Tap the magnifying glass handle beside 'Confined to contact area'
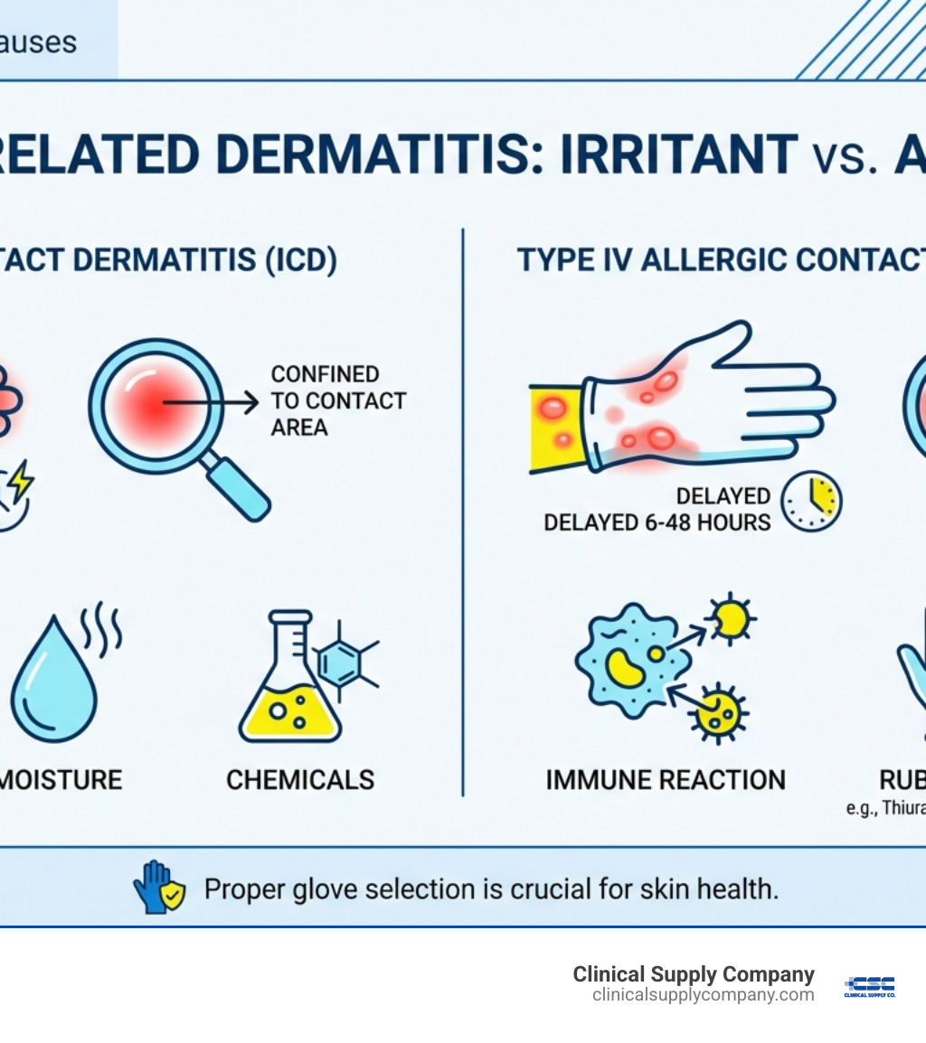(237, 487)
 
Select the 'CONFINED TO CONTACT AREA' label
(337, 400)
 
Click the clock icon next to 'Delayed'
(811, 500)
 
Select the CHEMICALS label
(300, 780)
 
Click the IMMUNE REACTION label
(666, 780)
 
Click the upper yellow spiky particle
(729, 618)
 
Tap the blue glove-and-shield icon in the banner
(158, 888)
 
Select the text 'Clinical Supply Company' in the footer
(694, 974)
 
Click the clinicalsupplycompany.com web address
(703, 995)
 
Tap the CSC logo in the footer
(869, 986)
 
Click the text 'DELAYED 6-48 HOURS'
(657, 522)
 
